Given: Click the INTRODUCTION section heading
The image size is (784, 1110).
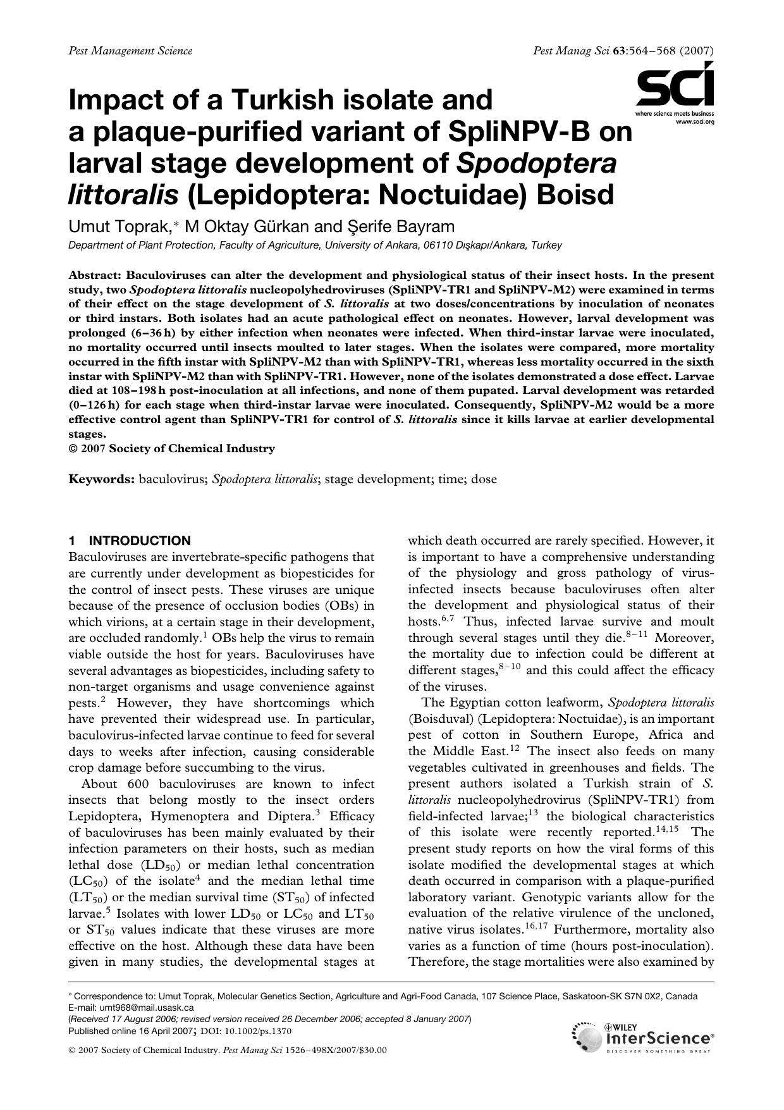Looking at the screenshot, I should pyautogui.click(x=139, y=541).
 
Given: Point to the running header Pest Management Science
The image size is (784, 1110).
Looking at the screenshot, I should pyautogui.click(x=130, y=51).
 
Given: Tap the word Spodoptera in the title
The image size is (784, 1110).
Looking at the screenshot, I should pyautogui.click(x=536, y=163).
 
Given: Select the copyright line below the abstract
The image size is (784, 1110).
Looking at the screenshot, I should pyautogui.click(x=171, y=448).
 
